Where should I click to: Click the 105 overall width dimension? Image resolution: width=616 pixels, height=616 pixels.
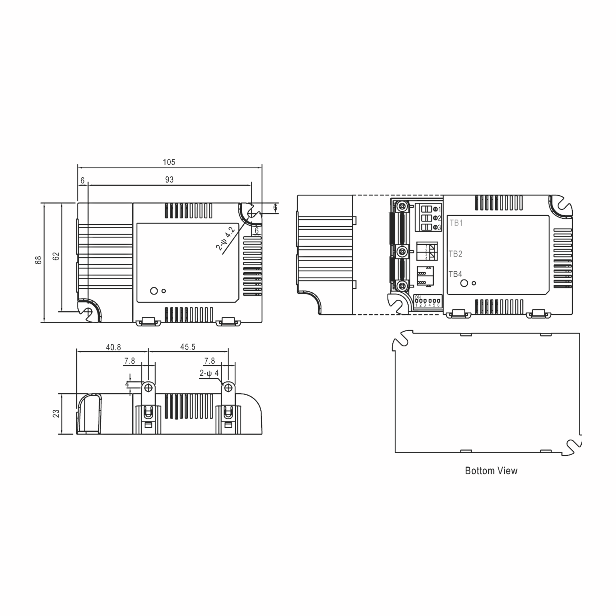tap(169, 162)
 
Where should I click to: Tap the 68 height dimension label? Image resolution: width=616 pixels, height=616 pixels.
tap(38, 260)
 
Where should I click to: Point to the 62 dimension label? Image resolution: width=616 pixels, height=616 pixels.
tap(56, 256)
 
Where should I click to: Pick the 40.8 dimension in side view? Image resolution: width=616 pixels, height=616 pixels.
tap(113, 347)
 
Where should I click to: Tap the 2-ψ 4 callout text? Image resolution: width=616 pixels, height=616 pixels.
tap(209, 373)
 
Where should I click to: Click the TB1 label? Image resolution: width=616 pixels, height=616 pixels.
tap(456, 223)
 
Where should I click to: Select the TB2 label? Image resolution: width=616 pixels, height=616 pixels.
tap(455, 254)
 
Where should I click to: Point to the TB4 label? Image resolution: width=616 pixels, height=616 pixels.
tap(455, 274)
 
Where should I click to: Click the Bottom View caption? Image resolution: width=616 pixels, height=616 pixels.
tap(491, 471)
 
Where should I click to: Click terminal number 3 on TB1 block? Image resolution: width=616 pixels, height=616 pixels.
tap(439, 228)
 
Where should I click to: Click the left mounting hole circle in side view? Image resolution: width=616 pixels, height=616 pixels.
tap(148, 388)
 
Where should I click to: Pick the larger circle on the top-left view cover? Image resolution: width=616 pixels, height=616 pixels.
tap(154, 291)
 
